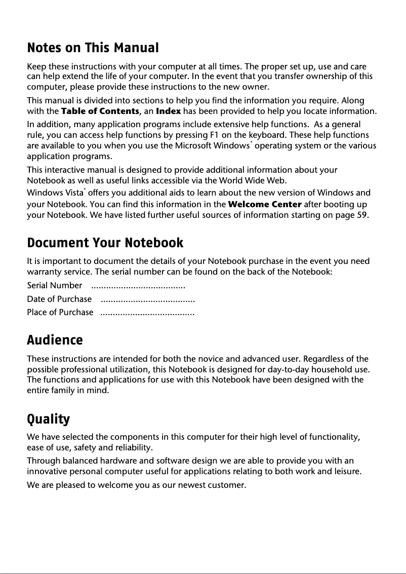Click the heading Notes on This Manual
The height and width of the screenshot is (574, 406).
coord(93,48)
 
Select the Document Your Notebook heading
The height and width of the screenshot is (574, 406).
coord(105,243)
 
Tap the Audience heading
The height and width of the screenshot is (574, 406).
coord(55,340)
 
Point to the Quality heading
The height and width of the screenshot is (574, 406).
coord(48,419)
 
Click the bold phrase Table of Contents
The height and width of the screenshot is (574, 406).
coord(100,111)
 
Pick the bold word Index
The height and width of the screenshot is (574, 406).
coord(168,111)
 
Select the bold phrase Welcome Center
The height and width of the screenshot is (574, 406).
coord(265,205)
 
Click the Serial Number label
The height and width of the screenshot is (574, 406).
coord(54,286)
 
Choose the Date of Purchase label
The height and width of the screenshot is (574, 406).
coord(59,299)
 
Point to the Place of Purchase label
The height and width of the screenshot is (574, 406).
coord(60,312)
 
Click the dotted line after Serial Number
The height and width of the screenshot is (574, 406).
coord(138,287)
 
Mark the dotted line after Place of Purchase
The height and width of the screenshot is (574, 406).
coord(147,313)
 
